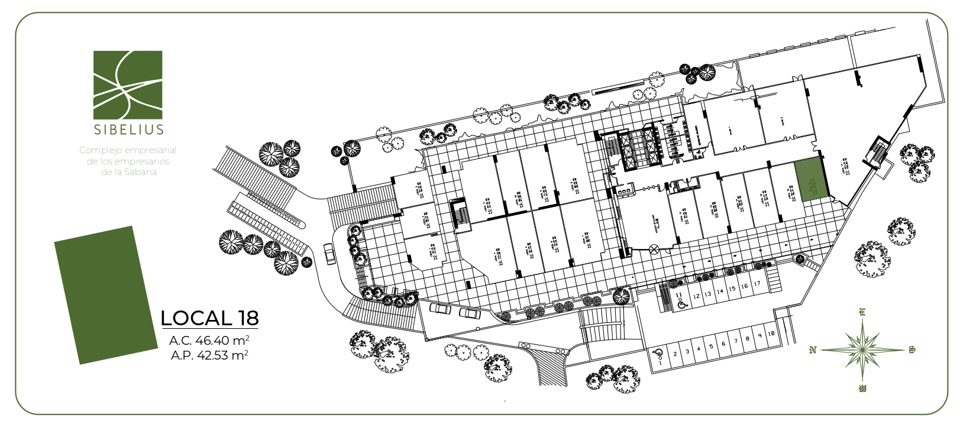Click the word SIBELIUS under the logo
click(x=128, y=129)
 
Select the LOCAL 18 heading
click(x=209, y=318)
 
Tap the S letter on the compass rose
click(x=911, y=350)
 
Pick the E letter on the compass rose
click(x=862, y=313)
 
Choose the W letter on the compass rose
click(x=862, y=389)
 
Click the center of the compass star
click(x=862, y=350)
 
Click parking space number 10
click(x=771, y=334)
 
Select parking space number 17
click(x=757, y=284)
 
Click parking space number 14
click(x=720, y=292)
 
